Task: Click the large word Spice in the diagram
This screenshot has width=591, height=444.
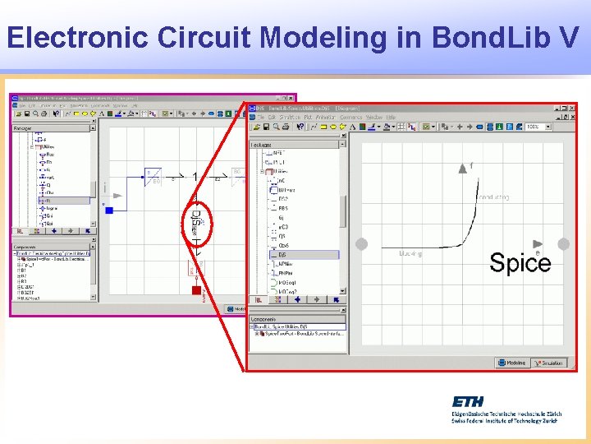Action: [x=520, y=263]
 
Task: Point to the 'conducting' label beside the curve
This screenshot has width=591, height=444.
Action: [x=494, y=197]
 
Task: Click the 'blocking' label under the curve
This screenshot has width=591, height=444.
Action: [x=410, y=253]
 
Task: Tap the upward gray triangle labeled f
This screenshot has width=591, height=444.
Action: [x=461, y=167]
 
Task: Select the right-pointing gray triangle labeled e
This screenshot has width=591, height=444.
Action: [x=538, y=244]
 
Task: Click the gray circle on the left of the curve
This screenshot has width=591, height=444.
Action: [x=362, y=243]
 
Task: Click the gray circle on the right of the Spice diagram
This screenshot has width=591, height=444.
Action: [x=563, y=244]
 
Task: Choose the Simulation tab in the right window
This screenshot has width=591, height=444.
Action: [x=549, y=363]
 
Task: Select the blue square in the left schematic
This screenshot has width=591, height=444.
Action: [x=109, y=210]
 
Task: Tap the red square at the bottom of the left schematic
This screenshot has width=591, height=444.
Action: [x=196, y=290]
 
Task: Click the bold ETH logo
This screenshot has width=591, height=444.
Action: [x=468, y=401]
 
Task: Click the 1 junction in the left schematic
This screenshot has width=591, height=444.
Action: [x=195, y=176]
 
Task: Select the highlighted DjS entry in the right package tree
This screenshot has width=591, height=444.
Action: [x=284, y=255]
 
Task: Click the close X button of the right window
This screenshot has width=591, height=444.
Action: [x=572, y=107]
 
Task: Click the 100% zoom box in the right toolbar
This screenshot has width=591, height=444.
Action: [x=536, y=127]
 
